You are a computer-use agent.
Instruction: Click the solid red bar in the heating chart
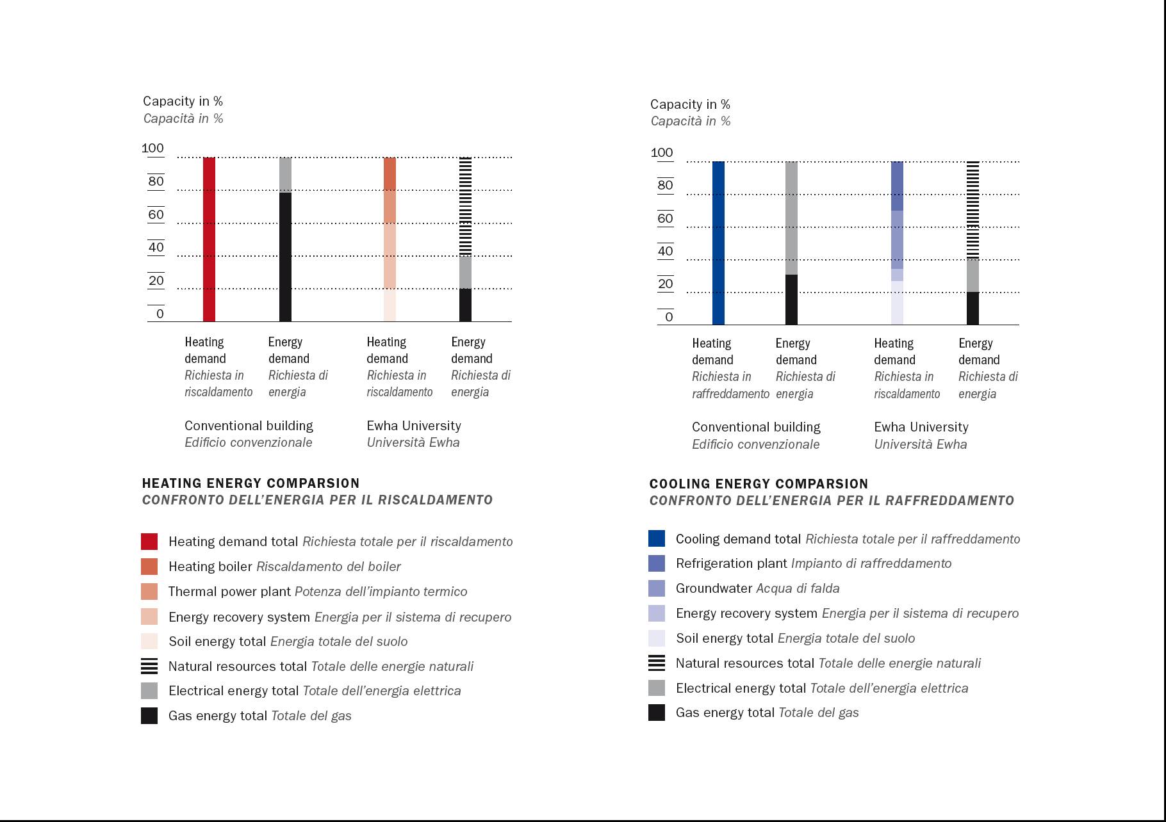pos(209,239)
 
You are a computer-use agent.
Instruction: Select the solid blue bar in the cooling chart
pos(718,243)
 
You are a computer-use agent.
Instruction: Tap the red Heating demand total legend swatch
pos(149,542)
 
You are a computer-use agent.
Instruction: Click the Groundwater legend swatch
pos(657,588)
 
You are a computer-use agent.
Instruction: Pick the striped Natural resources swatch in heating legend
pos(149,666)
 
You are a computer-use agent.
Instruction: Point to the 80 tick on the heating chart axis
pos(156,181)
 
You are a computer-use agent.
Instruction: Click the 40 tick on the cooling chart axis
pos(665,252)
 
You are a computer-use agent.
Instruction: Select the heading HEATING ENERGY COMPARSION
pos(250,483)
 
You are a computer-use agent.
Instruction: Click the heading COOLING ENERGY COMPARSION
pos(759,484)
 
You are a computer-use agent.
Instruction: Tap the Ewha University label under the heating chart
pos(413,426)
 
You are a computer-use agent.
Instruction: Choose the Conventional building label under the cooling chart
pos(756,427)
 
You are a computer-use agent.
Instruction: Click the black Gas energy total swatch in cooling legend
pos(657,713)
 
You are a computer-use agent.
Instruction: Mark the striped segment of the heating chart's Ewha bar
pos(465,206)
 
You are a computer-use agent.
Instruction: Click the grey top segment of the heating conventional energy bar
pos(285,174)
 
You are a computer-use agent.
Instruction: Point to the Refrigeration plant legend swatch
pos(657,563)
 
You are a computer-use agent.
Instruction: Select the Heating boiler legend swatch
pos(149,567)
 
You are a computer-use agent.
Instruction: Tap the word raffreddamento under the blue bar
pos(730,394)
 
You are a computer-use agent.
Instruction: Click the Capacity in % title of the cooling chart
pos(690,104)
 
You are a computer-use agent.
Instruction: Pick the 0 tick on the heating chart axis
pos(160,314)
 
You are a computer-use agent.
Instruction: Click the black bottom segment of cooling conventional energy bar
pos(791,300)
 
